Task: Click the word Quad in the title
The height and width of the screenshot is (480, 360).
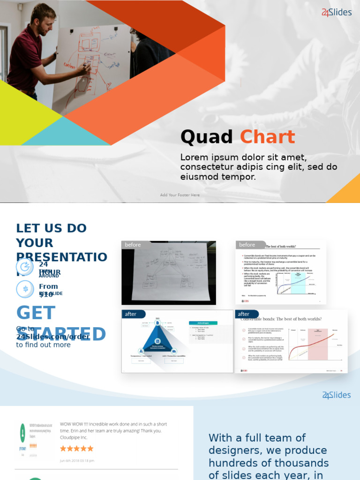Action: (206, 137)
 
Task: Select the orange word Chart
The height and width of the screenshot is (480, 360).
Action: (267, 137)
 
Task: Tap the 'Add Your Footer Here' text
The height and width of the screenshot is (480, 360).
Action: (180, 195)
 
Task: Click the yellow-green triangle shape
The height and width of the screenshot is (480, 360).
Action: (23, 115)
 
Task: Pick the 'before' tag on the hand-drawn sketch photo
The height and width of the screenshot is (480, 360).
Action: (133, 245)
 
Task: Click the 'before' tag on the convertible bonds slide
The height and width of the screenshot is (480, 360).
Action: (247, 245)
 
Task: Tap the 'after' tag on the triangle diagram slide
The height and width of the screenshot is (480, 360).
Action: (131, 314)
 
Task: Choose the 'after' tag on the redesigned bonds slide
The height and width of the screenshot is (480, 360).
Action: (244, 314)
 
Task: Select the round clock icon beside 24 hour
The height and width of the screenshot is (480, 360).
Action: (25, 267)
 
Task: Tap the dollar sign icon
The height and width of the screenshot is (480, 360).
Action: (25, 289)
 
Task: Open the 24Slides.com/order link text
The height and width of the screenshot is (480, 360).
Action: (52, 337)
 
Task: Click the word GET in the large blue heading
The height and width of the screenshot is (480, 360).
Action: (36, 313)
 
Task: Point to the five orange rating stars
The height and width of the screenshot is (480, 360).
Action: (76, 449)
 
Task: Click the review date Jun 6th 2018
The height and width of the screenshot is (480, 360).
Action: (77, 461)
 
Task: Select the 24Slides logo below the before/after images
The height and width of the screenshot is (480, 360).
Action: (336, 395)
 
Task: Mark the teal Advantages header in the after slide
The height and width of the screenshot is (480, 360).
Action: (203, 322)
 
